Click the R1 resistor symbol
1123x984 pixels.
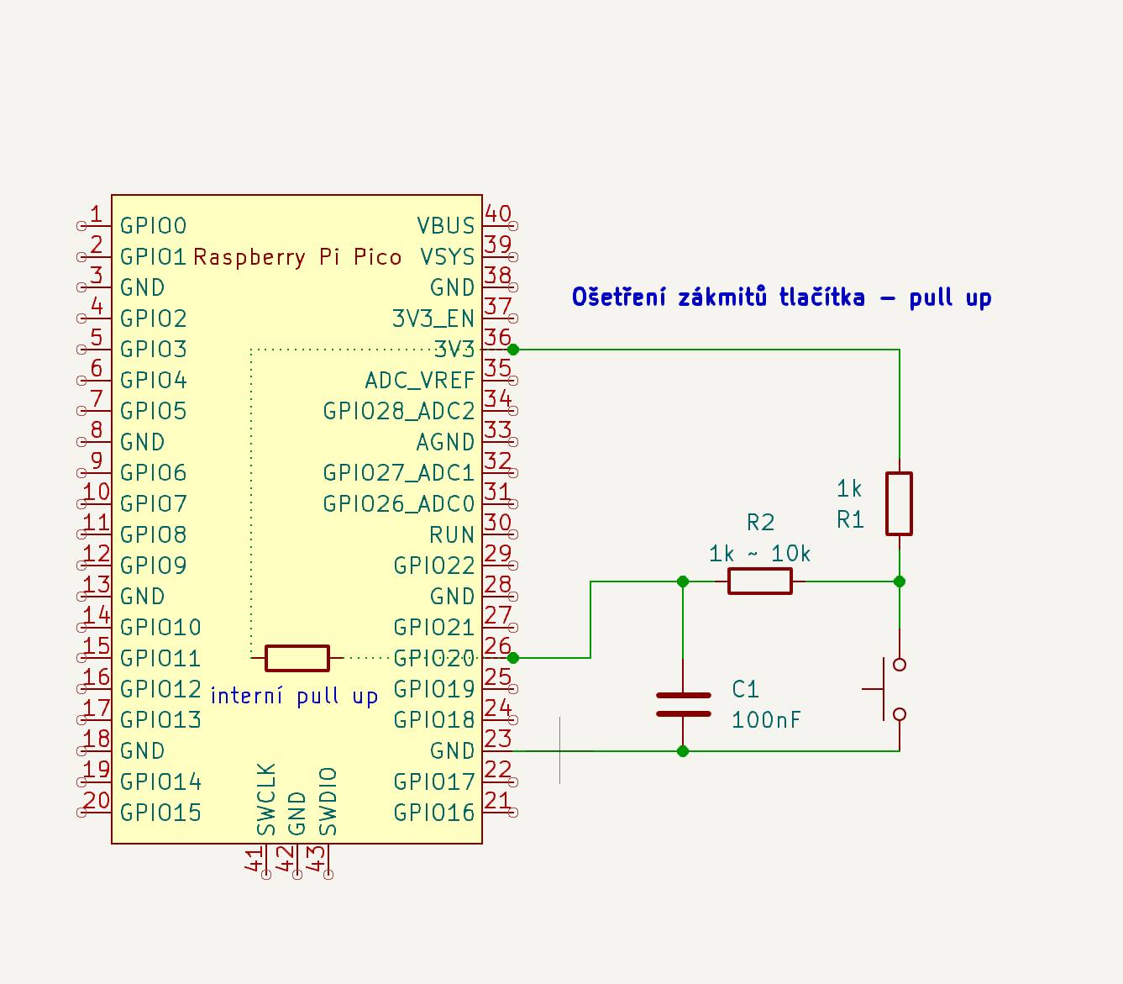[x=899, y=503]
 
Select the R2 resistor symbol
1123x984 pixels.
[x=759, y=581]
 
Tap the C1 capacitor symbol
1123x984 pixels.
[x=683, y=704]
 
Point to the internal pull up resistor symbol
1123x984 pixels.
[x=296, y=658]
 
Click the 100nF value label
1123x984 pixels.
[x=766, y=720]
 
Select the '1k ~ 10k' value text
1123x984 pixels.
[x=760, y=554]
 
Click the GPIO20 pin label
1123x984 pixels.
[x=433, y=658]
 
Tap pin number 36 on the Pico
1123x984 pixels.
[x=498, y=337]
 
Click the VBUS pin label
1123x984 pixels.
[x=446, y=225]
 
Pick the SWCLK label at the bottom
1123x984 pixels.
[x=266, y=799]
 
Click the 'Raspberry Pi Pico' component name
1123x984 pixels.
[x=297, y=257]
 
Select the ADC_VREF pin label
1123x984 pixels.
[x=420, y=380]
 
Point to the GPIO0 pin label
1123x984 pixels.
[x=154, y=225]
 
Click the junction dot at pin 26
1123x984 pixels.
[x=513, y=658]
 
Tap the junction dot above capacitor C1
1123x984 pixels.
[x=683, y=581]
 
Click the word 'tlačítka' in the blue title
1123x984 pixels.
[x=821, y=297]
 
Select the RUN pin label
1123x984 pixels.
[x=452, y=534]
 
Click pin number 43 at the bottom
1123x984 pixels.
[x=317, y=858]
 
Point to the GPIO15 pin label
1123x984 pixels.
[x=160, y=813]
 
